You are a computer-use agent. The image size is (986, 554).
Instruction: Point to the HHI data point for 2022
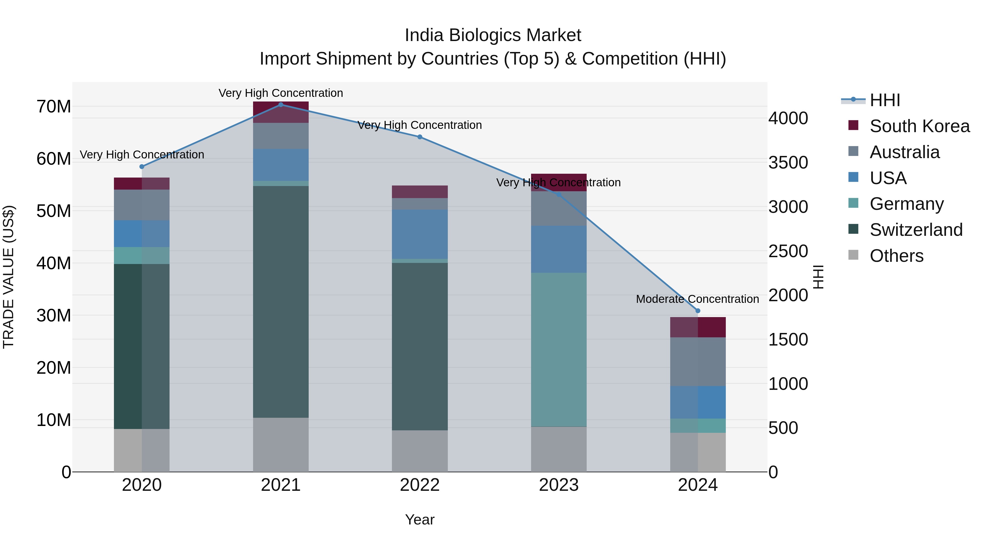point(420,137)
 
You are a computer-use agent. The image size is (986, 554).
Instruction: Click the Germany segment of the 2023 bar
point(558,349)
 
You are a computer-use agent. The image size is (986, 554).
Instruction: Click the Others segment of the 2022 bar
point(420,451)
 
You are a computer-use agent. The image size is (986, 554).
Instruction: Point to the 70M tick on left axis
point(54,107)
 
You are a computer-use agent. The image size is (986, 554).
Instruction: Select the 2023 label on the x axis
point(558,485)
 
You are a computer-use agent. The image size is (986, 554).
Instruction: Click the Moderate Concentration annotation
point(697,299)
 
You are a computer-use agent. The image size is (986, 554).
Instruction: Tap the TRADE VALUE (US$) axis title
point(9,277)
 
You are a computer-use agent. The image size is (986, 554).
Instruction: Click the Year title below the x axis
point(420,520)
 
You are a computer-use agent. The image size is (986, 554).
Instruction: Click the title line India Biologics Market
point(493,35)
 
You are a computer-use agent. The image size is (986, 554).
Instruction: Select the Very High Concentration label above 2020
point(142,155)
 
